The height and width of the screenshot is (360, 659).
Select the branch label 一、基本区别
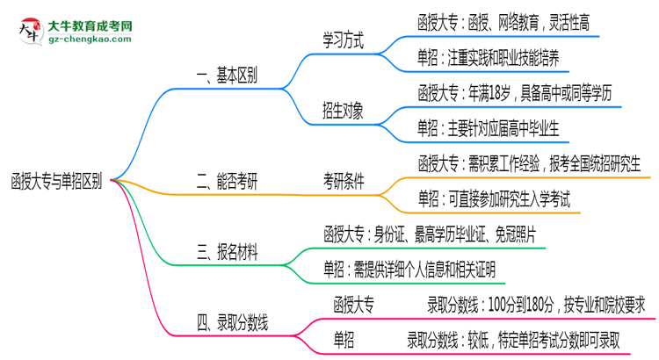point(227,76)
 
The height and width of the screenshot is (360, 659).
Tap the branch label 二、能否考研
point(227,182)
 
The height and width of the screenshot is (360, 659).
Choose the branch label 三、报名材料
point(227,253)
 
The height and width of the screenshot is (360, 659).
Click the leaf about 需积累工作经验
point(531,164)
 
